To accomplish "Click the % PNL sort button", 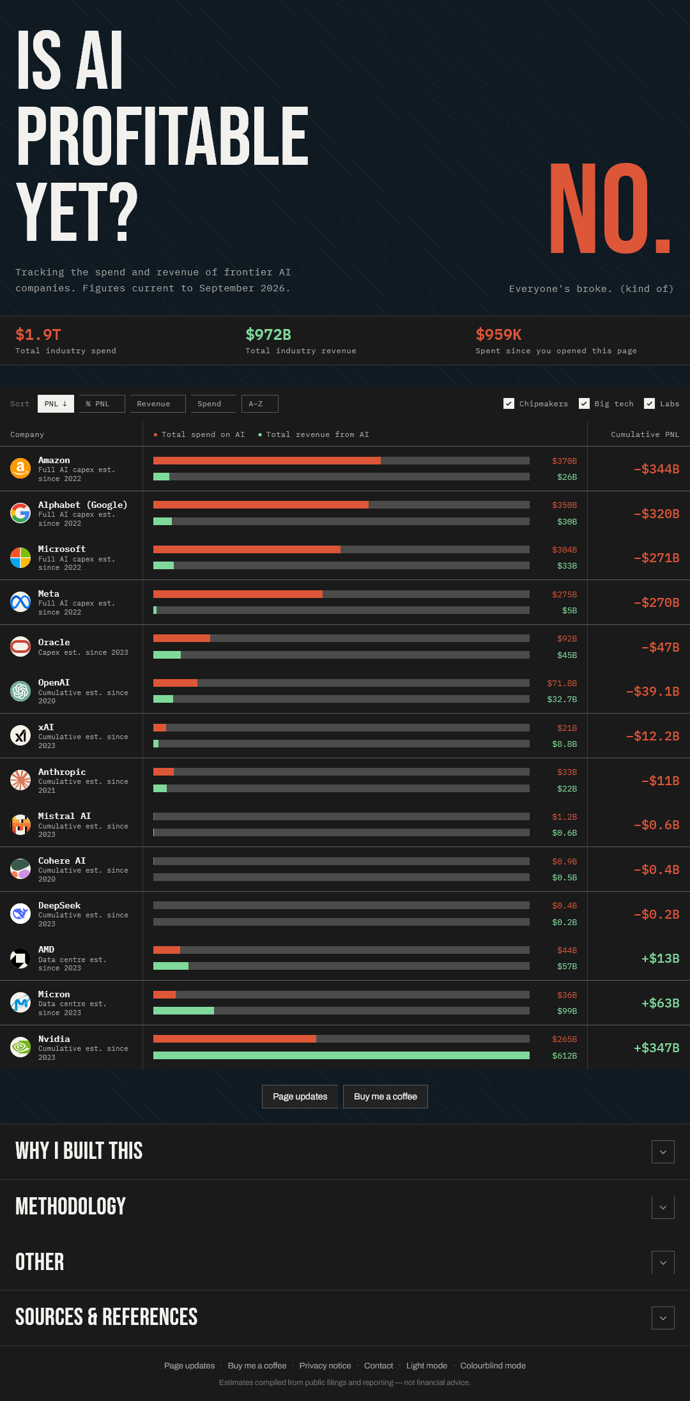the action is pyautogui.click(x=102, y=404).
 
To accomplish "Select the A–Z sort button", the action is pyautogui.click(x=260, y=404).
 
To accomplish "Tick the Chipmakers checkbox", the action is pyautogui.click(x=509, y=404).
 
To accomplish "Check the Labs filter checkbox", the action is pyautogui.click(x=650, y=404).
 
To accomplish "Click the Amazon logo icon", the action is pyautogui.click(x=20, y=468).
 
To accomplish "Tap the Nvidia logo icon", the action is pyautogui.click(x=20, y=1047).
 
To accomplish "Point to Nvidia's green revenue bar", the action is pyautogui.click(x=341, y=1055).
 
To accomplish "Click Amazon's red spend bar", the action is pyautogui.click(x=267, y=461).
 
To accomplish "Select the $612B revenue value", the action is pyautogui.click(x=565, y=1055).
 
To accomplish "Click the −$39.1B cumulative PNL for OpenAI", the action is pyautogui.click(x=652, y=691).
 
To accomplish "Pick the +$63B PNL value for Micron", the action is pyautogui.click(x=660, y=1003).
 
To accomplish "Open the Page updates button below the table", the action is pyautogui.click(x=300, y=1096).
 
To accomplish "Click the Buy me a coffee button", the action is pyautogui.click(x=385, y=1096).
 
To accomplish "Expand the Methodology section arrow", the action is pyautogui.click(x=663, y=1207).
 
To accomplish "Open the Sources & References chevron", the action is pyautogui.click(x=663, y=1317).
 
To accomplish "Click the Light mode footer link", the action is pyautogui.click(x=427, y=1365).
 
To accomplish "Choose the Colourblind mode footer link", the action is pyautogui.click(x=493, y=1365).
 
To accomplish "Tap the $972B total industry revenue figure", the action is pyautogui.click(x=268, y=334).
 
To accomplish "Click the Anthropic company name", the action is pyautogui.click(x=62, y=772).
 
